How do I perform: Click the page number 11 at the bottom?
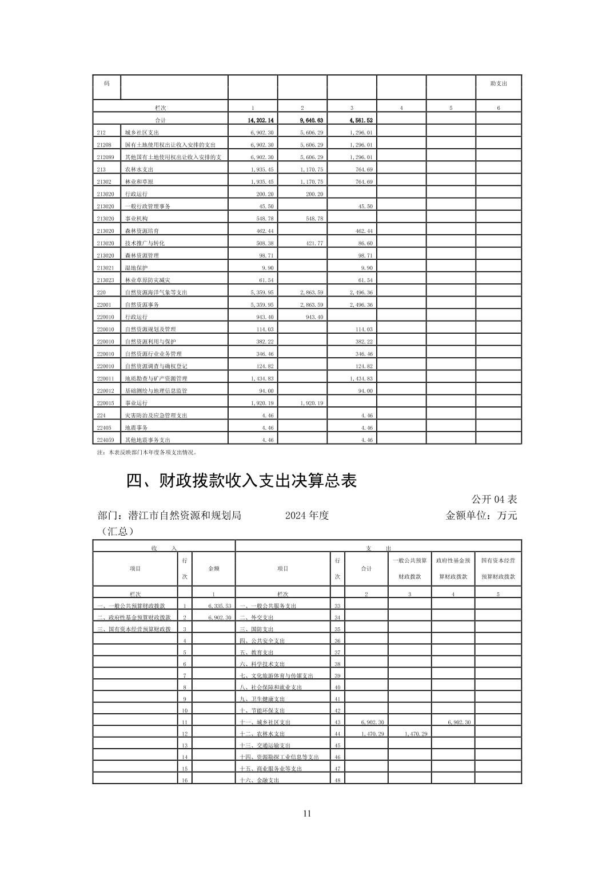point(307,813)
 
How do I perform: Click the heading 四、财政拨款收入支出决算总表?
point(241,481)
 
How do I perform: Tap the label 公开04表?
point(494,499)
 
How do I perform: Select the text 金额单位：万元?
point(481,515)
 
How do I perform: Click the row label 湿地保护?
point(136,268)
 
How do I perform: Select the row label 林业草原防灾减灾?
point(147,280)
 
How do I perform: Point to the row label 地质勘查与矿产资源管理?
point(156,378)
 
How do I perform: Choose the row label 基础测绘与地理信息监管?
point(156,391)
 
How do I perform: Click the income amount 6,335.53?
point(220,606)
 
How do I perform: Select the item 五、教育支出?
point(256,652)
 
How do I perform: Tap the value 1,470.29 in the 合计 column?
point(372,734)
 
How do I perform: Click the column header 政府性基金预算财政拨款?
point(453,568)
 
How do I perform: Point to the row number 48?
point(337,781)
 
